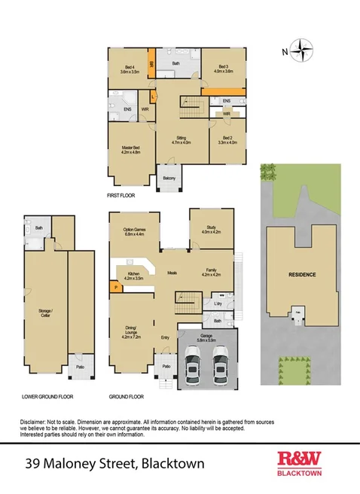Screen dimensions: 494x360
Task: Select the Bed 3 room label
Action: click(223, 70)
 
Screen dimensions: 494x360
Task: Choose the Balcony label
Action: click(169, 178)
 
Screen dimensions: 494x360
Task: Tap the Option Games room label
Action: click(133, 232)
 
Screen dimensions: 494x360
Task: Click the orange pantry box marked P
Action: click(115, 287)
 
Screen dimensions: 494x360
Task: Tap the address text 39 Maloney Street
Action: click(75, 461)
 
